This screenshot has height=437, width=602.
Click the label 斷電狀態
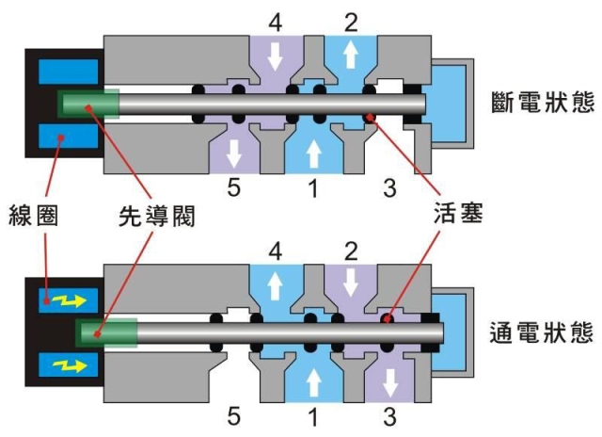coord(542,101)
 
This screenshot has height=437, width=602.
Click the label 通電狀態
coord(542,332)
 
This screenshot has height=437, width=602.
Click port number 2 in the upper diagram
coord(350,20)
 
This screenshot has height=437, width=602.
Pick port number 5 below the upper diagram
coord(235,188)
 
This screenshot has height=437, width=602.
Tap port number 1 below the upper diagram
coord(311,188)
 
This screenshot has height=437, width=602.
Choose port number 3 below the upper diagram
coord(388,188)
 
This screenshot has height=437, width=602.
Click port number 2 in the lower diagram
coord(350,251)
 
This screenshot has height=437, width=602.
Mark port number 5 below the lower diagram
coord(235,415)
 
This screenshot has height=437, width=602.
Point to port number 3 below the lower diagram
coord(388,415)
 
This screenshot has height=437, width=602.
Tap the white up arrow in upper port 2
coord(350,56)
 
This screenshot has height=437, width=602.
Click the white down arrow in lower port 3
coord(388,382)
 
